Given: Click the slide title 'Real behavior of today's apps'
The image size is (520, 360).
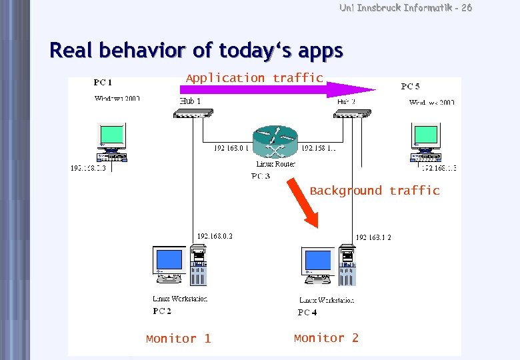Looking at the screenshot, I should [x=197, y=51].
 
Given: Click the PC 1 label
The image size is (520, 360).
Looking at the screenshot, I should [x=103, y=83].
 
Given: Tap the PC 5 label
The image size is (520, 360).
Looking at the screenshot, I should [x=410, y=86].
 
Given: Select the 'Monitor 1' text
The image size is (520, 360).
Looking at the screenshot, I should [x=178, y=339].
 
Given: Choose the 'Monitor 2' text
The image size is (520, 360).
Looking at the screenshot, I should [x=326, y=338].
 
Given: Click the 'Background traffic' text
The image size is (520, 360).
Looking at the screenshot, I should [x=375, y=191].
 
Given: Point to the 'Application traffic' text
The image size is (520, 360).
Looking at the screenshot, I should [x=254, y=78].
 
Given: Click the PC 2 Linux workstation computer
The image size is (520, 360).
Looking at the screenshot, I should [x=179, y=266].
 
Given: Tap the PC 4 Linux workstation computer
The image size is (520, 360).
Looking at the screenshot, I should [x=327, y=266].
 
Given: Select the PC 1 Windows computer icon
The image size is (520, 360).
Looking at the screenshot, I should [x=111, y=143].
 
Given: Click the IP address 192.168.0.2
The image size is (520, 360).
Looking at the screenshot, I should [x=215, y=236].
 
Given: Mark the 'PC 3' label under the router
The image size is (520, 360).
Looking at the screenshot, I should [x=260, y=176].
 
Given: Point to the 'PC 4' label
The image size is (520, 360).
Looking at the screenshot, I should [x=307, y=312].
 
